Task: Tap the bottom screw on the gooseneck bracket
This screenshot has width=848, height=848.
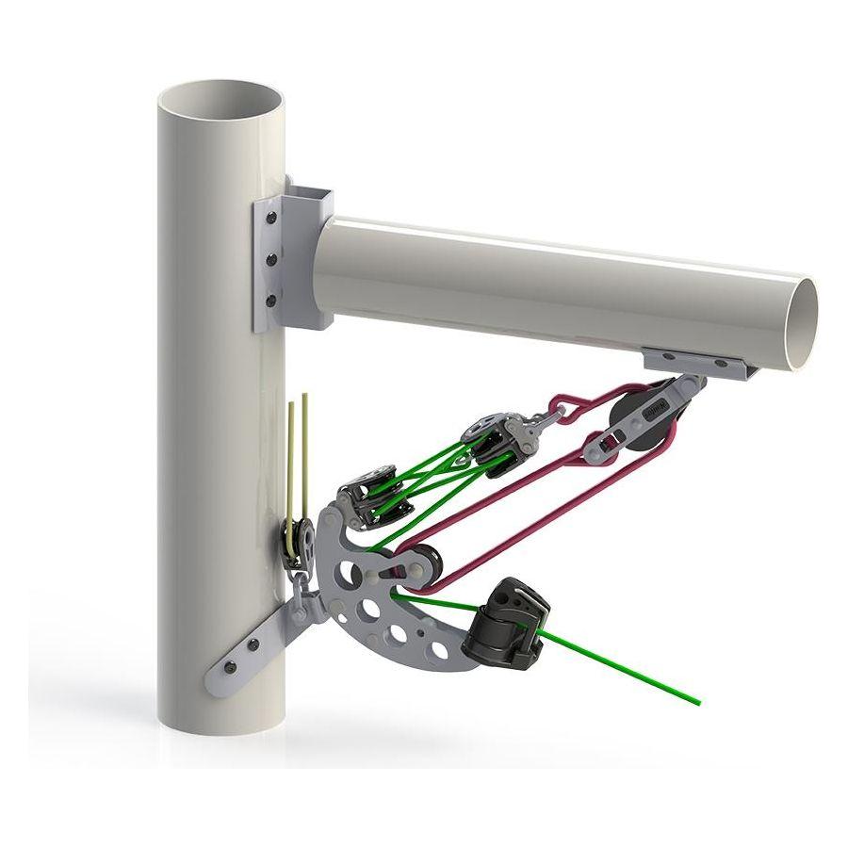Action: tap(271, 302)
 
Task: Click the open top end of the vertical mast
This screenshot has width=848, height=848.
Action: tap(220, 98)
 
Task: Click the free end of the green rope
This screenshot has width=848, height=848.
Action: tap(698, 702)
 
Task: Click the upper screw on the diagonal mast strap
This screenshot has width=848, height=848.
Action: tap(253, 644)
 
